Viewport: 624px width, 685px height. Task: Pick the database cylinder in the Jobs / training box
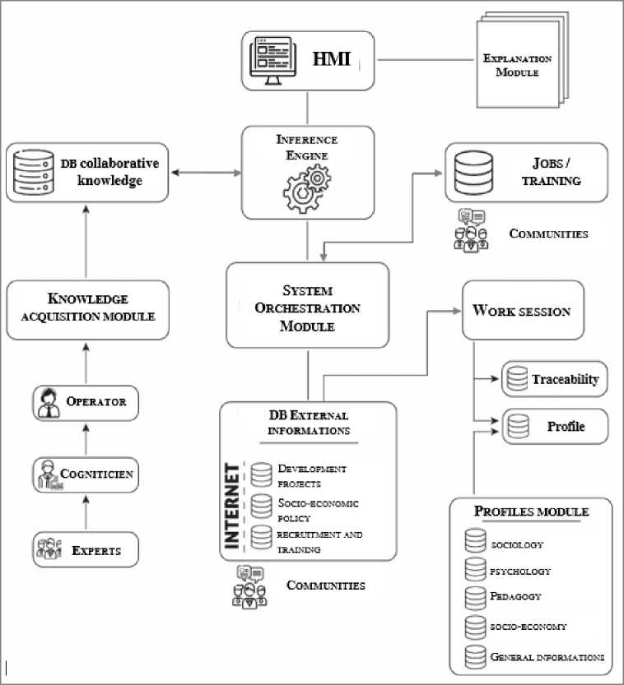[474, 172]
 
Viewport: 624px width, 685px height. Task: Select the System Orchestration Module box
[306, 305]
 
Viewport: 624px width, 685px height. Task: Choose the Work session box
[523, 311]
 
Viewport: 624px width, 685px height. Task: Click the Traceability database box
[554, 380]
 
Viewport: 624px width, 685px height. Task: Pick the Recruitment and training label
[319, 540]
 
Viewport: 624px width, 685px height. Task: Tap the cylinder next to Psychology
[475, 570]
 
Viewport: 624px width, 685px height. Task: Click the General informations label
[547, 656]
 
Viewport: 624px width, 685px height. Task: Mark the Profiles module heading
[531, 511]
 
